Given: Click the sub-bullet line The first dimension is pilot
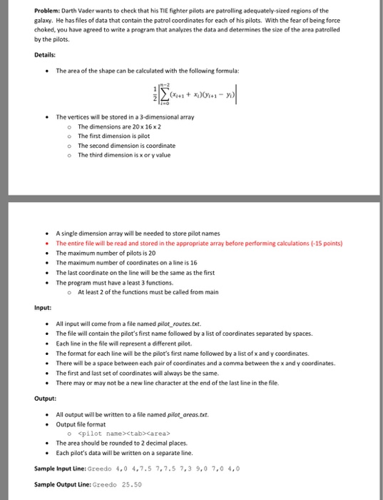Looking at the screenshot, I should [x=115, y=135].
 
